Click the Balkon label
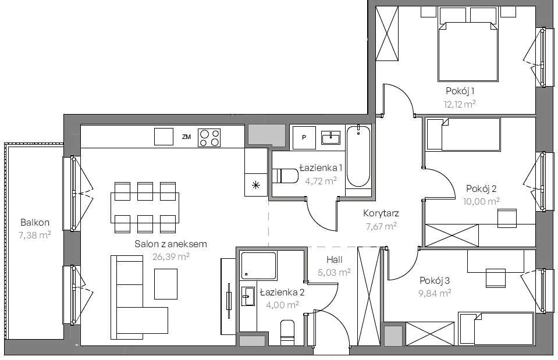point(35,223)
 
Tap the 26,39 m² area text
point(171,256)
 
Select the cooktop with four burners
point(209,138)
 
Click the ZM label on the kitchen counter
point(186,137)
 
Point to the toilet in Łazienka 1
point(285,176)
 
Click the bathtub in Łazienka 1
point(358,156)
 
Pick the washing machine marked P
point(304,137)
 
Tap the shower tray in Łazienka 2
point(258,266)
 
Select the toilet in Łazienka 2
point(287,333)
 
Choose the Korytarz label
point(381,213)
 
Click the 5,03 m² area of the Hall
point(334,273)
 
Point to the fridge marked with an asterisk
point(255,185)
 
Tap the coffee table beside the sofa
point(166,284)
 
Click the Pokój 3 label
point(435,281)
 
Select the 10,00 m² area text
point(481,201)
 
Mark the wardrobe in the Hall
point(369,296)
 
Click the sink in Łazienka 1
point(330,138)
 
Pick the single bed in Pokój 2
point(463,134)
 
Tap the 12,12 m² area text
point(460,104)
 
